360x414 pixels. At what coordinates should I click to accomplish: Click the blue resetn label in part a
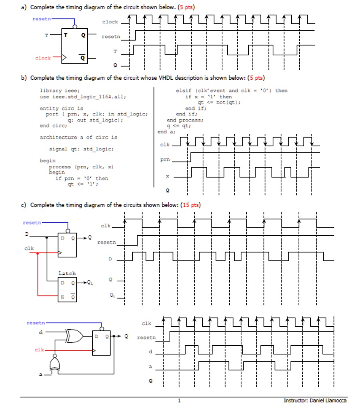tap(41, 19)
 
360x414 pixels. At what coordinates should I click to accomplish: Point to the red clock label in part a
tap(42, 58)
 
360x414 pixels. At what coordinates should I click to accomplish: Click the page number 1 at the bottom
tap(180, 401)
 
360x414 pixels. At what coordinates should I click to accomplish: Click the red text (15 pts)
tap(189, 205)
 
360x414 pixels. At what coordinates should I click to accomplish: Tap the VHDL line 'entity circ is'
tap(61, 108)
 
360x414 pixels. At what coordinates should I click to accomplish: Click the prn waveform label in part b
tap(165, 160)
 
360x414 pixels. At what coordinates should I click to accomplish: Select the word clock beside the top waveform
tap(110, 22)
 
